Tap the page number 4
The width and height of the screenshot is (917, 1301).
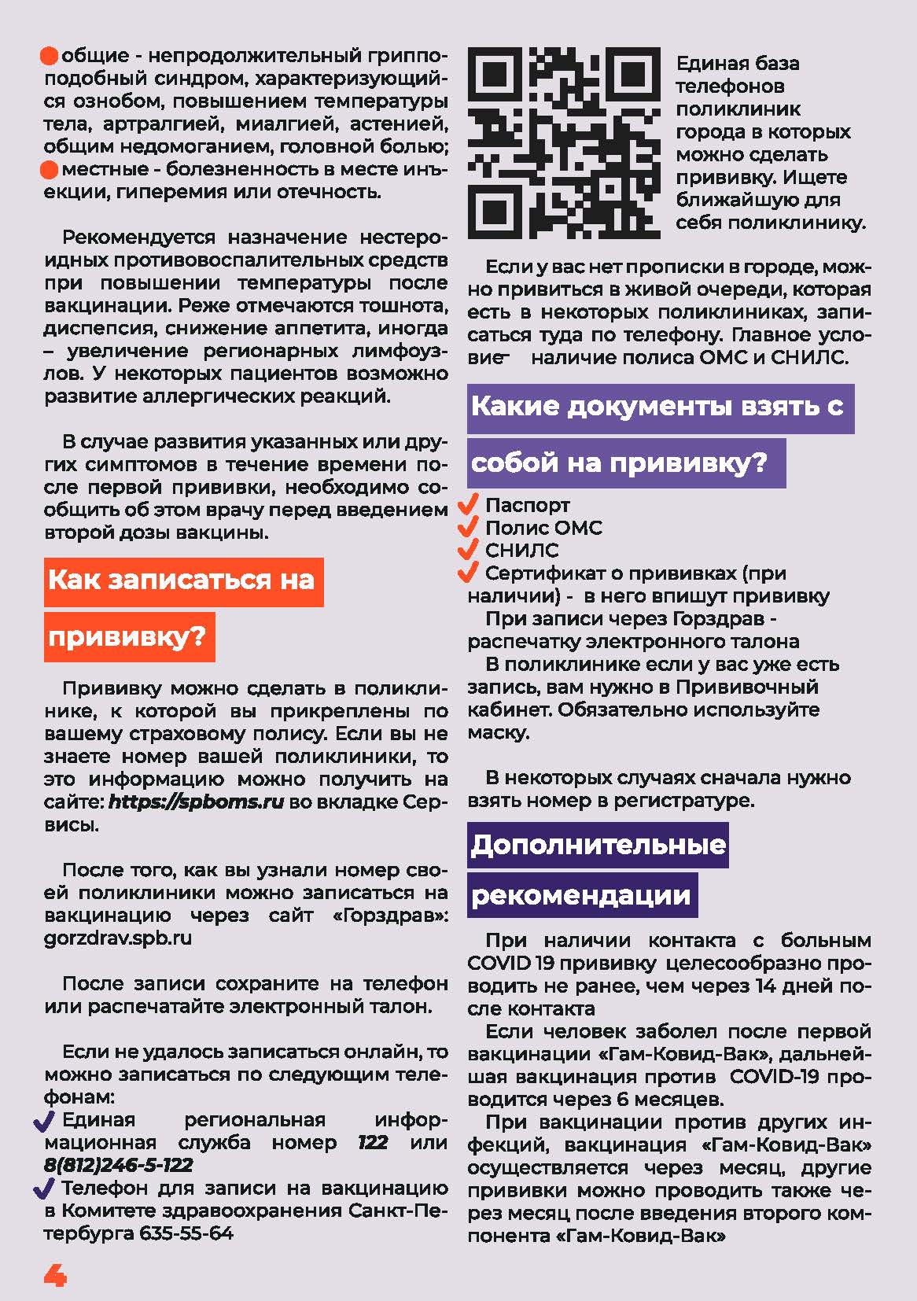click(x=55, y=1275)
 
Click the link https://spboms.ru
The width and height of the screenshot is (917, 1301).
click(x=196, y=802)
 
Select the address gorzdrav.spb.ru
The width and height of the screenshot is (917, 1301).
click(x=118, y=938)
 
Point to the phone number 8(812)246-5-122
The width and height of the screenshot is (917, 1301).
click(x=119, y=1165)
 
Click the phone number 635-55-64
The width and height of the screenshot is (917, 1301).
click(x=186, y=1233)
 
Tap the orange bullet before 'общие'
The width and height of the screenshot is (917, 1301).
click(x=50, y=56)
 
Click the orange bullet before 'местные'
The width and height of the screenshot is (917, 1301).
click(x=50, y=169)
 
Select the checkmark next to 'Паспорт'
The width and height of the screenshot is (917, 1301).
click(x=470, y=504)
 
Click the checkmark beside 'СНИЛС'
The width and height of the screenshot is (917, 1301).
click(x=470, y=550)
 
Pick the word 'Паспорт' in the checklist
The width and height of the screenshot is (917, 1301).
click(x=527, y=505)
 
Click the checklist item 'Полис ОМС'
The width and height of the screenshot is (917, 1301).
click(x=543, y=528)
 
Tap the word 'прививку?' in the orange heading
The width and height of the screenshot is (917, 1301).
click(x=127, y=636)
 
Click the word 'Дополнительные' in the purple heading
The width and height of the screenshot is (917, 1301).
click(x=598, y=845)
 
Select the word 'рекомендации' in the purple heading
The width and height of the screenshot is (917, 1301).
click(x=581, y=895)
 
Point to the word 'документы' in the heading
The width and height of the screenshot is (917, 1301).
click(x=651, y=407)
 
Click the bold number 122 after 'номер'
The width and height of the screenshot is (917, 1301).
click(x=373, y=1142)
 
